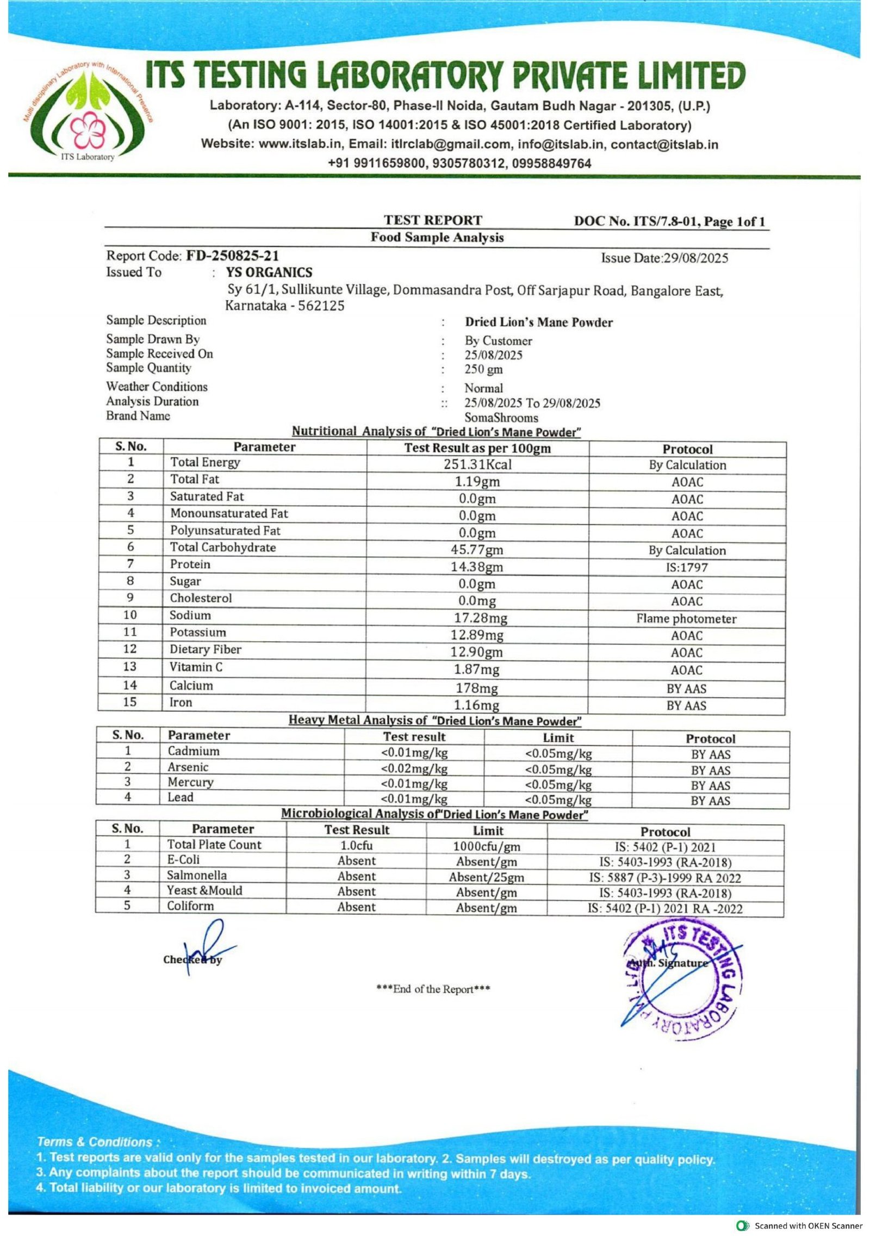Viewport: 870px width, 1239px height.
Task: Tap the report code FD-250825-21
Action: [232, 256]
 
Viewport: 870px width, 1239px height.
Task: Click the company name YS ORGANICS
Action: [269, 272]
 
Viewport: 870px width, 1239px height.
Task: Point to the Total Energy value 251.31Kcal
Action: [477, 464]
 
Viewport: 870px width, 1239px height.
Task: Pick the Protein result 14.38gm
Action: [477, 567]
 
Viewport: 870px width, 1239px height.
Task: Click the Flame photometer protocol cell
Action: [686, 618]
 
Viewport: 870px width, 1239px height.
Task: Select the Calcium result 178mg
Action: [476, 688]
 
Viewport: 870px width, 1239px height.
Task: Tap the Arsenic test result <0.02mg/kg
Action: [414, 769]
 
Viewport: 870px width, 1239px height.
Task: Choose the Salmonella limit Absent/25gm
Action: [486, 877]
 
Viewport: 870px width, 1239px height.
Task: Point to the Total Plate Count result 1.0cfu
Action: [356, 846]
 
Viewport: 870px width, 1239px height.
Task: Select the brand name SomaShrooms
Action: [501, 418]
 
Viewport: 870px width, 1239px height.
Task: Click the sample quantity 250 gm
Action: [483, 369]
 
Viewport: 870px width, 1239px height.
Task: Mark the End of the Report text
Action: [433, 989]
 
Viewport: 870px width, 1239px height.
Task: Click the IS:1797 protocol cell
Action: [686, 567]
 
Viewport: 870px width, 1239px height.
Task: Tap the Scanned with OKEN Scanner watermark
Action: [800, 1225]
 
